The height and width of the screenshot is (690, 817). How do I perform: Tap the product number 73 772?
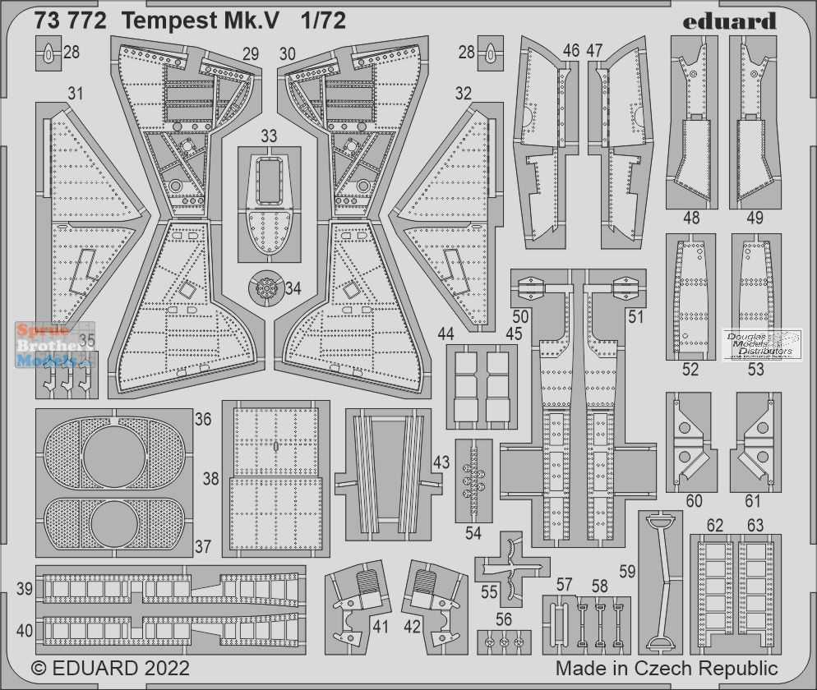point(71,21)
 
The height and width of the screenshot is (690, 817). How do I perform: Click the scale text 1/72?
point(323,21)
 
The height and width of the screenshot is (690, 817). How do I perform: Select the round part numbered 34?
point(267,287)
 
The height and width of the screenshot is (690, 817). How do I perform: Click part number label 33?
point(268,136)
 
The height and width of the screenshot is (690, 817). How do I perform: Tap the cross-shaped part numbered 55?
point(512,568)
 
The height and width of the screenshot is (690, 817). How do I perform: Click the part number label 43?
point(441,462)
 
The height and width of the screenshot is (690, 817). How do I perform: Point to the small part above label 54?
point(473,481)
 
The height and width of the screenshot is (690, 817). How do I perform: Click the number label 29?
point(251,54)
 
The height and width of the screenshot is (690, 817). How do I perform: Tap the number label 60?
point(694,501)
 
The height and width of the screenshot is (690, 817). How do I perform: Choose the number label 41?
point(381,627)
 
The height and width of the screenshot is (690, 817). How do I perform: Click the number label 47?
point(594,50)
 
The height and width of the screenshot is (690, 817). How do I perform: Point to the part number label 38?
point(210,479)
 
